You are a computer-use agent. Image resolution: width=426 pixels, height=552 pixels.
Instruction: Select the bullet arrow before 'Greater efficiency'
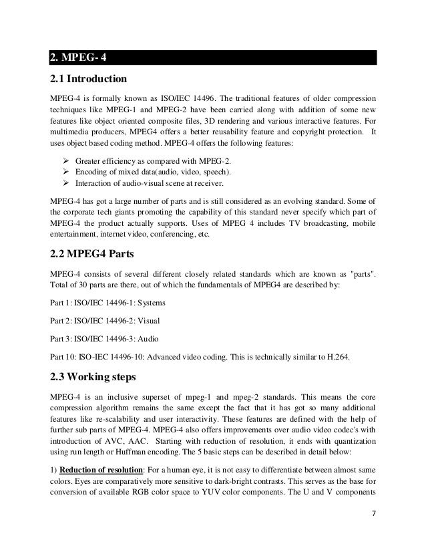click(65, 161)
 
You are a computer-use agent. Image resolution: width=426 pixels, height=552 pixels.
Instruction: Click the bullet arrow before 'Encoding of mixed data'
click(65, 172)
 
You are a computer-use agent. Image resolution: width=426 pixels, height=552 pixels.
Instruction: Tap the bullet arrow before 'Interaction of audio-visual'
click(65, 184)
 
